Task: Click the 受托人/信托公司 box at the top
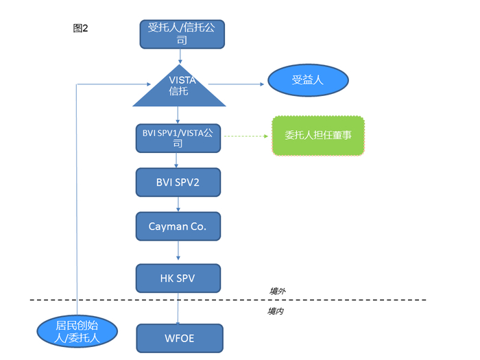tap(182, 34)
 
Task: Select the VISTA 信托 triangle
tap(179, 88)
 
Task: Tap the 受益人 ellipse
tap(308, 80)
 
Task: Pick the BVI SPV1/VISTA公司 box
tap(178, 138)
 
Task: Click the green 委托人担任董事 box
tap(318, 136)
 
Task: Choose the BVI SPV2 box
tap(178, 182)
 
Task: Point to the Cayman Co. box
tap(178, 226)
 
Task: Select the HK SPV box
tap(178, 277)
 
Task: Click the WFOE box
tap(180, 338)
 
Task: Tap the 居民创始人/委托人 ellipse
tap(77, 331)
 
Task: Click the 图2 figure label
tap(80, 28)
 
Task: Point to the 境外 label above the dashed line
tap(277, 291)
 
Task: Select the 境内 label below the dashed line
tap(276, 311)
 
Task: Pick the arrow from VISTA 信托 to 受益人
tap(237, 84)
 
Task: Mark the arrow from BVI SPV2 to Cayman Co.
tap(178, 204)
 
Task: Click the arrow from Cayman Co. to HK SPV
tap(178, 252)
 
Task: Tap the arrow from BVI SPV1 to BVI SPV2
tap(177, 160)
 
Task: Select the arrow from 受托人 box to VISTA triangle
tap(180, 56)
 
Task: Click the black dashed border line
tap(343, 300)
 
